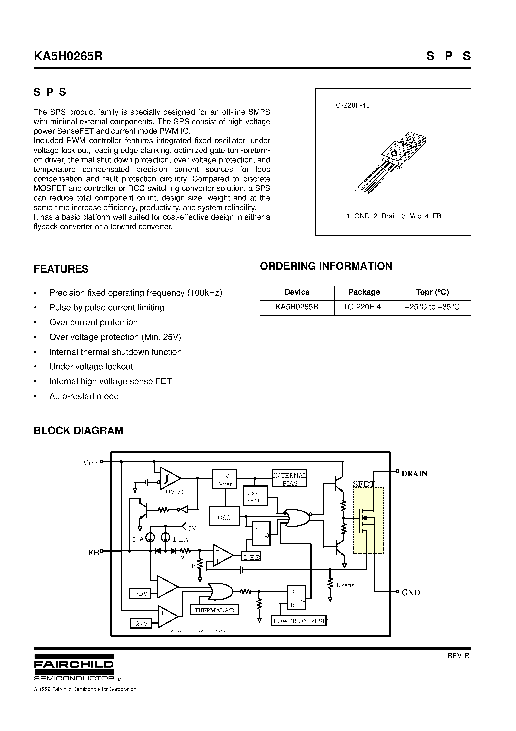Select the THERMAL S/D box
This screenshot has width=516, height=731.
214,610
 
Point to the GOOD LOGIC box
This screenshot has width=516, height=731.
255,496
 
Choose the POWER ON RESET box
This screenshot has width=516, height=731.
299,621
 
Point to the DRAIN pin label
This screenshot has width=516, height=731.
414,474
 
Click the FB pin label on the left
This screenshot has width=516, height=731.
93,553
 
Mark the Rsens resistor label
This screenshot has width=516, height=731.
345,585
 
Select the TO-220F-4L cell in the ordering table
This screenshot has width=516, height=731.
364,307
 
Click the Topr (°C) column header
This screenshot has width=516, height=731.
432,292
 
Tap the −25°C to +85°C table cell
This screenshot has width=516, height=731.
432,307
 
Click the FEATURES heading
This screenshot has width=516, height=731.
61,269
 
